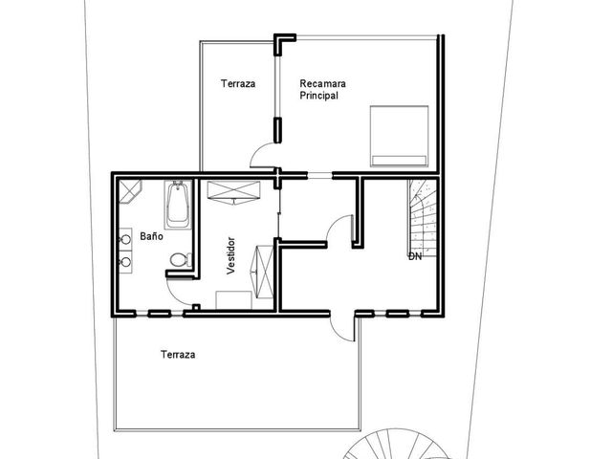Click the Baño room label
pos(151,236)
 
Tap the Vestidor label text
pos(231,255)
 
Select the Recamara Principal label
pos(322,89)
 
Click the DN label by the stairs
pos(415,256)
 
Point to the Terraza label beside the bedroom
pos(238,83)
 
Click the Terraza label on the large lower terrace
pos(178,355)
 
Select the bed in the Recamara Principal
pos(400,136)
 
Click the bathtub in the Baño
pos(178,205)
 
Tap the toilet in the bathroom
pos(181,259)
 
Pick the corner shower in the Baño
pos(129,191)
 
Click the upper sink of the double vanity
pos(125,239)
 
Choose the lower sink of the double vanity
pos(125,262)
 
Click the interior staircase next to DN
pos(423,217)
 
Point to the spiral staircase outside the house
pos(394,445)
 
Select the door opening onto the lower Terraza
pos(342,328)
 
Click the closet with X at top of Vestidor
pos(233,193)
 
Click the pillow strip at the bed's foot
pos(399,161)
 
